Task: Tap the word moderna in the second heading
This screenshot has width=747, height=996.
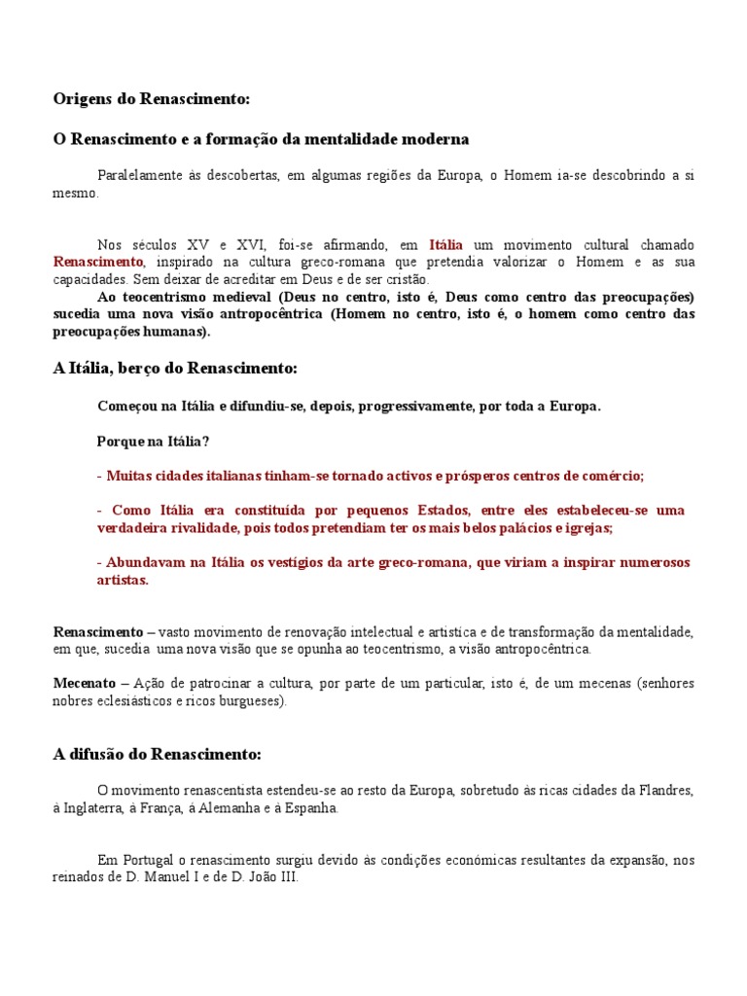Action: tap(436, 139)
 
